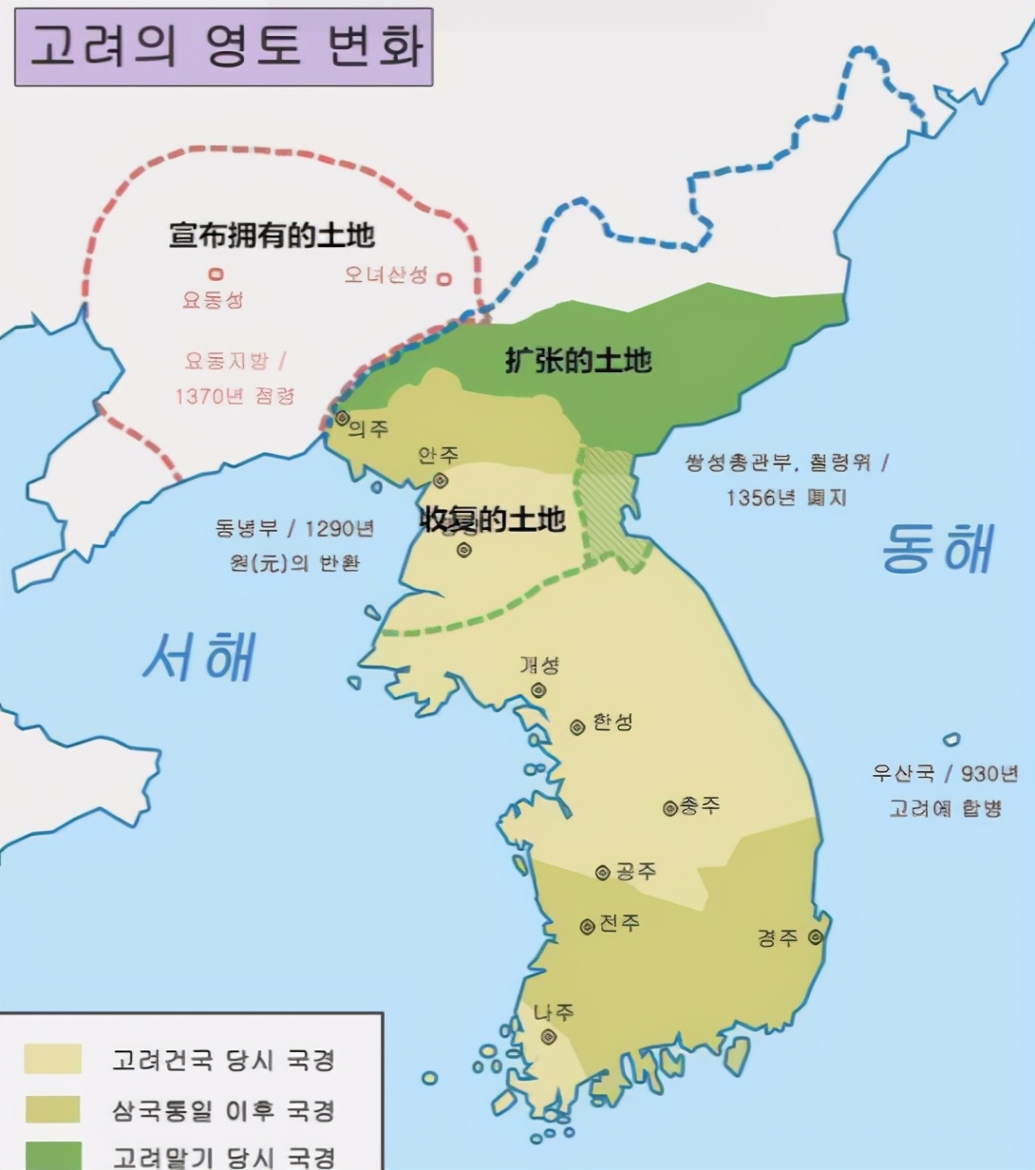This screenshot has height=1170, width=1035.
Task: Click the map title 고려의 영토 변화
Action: pos(224,47)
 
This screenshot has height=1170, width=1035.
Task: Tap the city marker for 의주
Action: pos(342,418)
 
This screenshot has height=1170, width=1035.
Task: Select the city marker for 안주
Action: pos(440,481)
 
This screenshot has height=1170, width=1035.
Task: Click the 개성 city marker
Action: pos(538,690)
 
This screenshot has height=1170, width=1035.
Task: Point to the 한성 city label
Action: pos(612,723)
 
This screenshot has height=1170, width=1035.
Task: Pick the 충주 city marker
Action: pos(669,808)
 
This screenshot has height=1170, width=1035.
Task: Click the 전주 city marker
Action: pos(588,926)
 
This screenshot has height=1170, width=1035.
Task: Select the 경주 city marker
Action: pos(814,937)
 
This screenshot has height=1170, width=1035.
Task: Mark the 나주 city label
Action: pos(554,1012)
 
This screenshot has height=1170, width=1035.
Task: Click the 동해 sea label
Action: pos(938,549)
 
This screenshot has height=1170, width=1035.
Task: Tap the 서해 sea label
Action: pos(200,655)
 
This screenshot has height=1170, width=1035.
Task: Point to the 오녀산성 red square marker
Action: pos(443,279)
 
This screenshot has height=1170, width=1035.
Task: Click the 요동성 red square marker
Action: pos(216,275)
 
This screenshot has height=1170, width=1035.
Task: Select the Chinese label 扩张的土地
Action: pos(577,361)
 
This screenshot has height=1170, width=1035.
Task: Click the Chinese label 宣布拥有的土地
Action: pos(272,235)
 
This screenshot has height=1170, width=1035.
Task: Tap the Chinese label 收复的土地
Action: pos(492,519)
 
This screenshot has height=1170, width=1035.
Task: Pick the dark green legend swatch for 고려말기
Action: pos(52,1156)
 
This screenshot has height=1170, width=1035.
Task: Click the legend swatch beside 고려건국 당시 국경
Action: pos(52,1058)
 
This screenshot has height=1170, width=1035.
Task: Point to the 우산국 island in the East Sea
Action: pos(951,740)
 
